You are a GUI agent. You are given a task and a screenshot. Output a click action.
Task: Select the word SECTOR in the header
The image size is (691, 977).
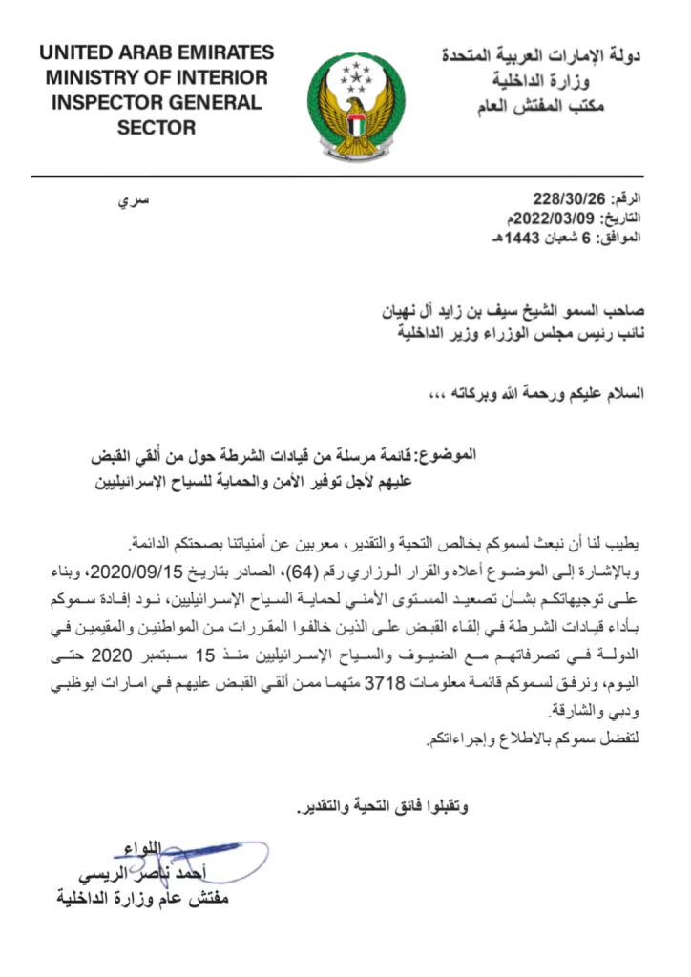(157, 127)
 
